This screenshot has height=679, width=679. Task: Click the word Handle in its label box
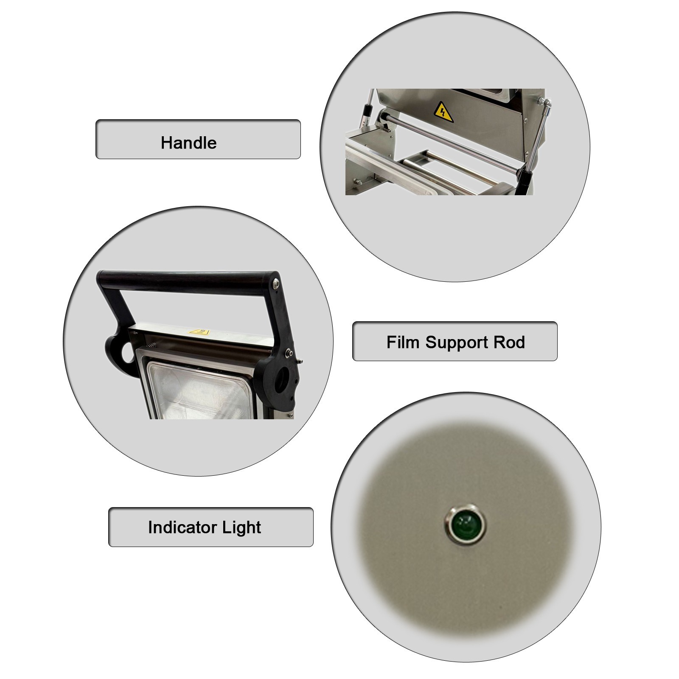click(x=188, y=143)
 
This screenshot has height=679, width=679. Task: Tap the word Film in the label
click(x=404, y=342)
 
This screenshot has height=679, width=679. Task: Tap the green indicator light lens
click(x=465, y=525)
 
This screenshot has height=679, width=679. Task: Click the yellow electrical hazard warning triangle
click(x=443, y=112)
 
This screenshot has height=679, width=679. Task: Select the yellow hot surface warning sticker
click(x=199, y=332)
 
